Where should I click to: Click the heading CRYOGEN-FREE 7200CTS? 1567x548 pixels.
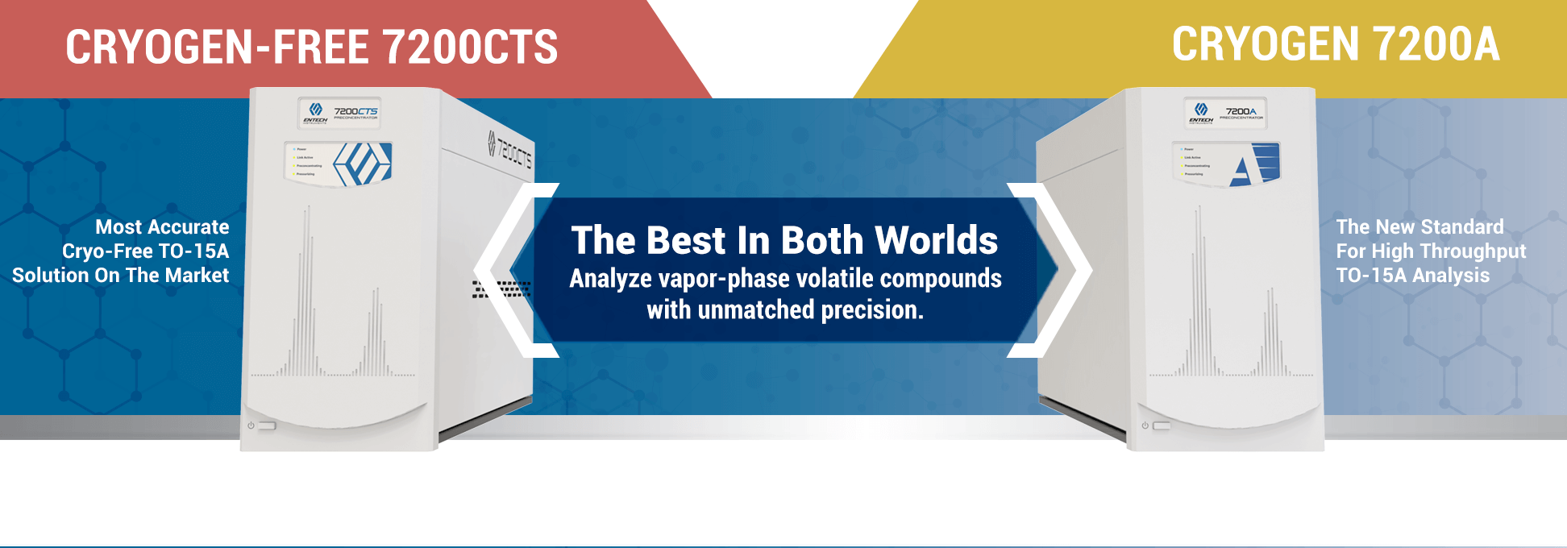(311, 47)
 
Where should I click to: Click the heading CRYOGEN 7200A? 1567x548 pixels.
(1336, 44)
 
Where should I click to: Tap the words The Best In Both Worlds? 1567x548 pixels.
(784, 240)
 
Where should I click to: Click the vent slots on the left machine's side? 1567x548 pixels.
(501, 289)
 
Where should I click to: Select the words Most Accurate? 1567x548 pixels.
(162, 227)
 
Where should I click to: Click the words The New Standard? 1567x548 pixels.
(1419, 227)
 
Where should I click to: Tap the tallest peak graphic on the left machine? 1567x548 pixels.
(306, 290)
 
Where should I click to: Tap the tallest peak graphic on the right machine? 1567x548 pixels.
(1199, 290)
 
